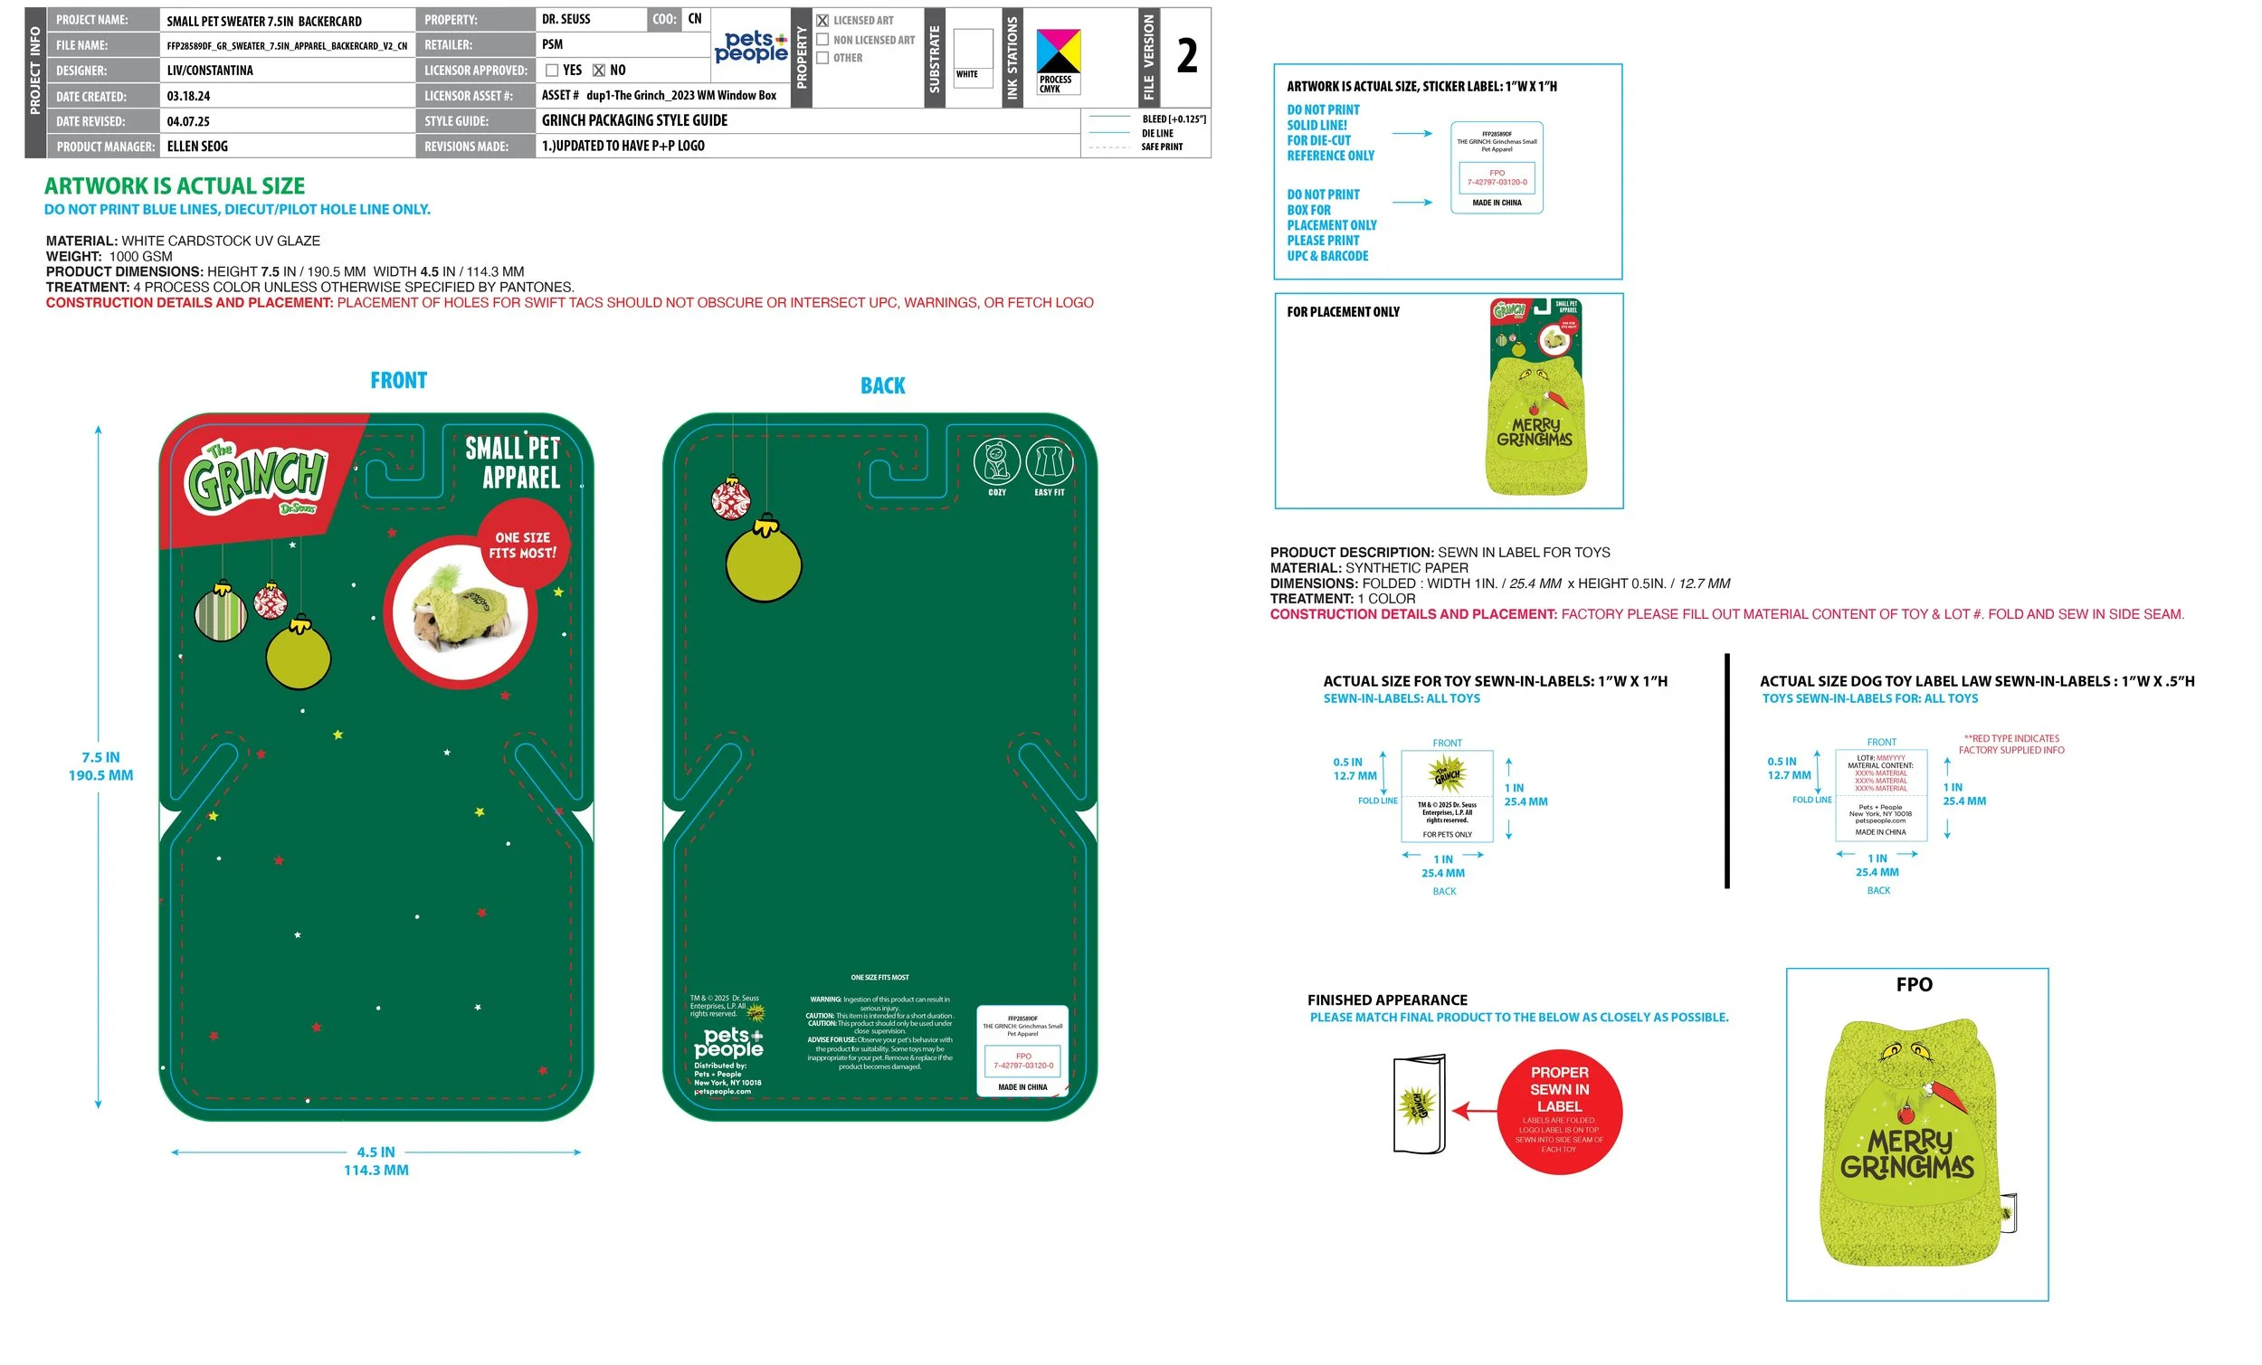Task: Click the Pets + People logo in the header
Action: tap(750, 46)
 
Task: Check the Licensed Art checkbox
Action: tap(822, 20)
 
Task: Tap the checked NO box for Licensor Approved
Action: tap(599, 71)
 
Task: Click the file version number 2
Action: tap(1186, 56)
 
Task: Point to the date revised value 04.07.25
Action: tap(188, 121)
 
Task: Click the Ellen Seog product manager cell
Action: tap(197, 147)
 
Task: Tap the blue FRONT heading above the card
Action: tap(398, 381)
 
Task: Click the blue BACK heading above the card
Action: tap(882, 386)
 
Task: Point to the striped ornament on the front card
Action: tap(221, 612)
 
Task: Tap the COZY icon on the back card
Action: tap(996, 462)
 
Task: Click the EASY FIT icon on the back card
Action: tap(1049, 462)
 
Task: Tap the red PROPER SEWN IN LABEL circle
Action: tap(1559, 1112)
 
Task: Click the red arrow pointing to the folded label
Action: tap(1474, 1112)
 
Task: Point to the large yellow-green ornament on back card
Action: tap(763, 564)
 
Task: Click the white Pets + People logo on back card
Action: tap(728, 1043)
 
